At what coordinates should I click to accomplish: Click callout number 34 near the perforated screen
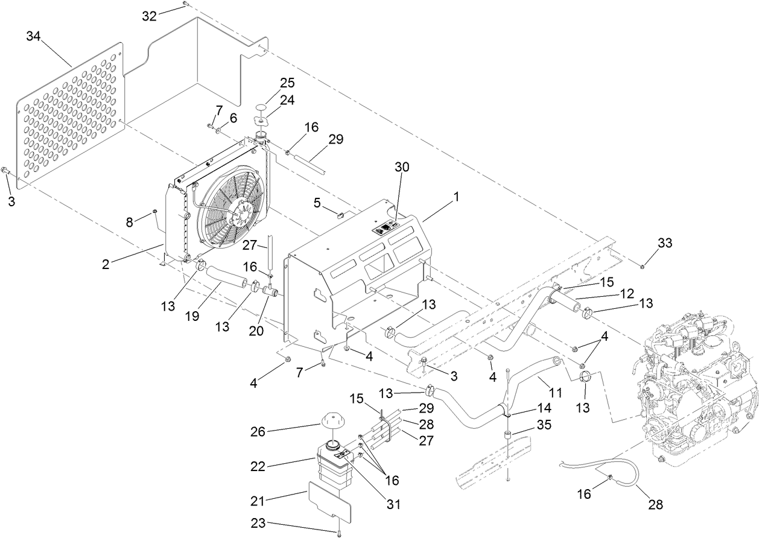pos(34,37)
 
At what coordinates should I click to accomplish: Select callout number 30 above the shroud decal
pos(402,168)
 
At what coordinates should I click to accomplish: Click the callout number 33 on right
pos(664,243)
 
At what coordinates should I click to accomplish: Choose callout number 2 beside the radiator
pos(106,264)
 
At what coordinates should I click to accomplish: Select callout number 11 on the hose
pos(556,393)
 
